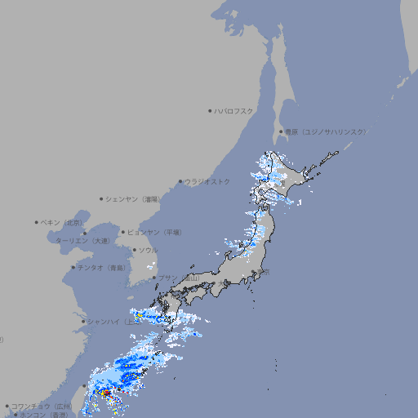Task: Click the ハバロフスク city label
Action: pyautogui.click(x=234, y=110)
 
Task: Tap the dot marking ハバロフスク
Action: pyautogui.click(x=210, y=110)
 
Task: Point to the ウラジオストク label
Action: pyautogui.click(x=207, y=181)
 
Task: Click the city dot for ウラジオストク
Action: pyautogui.click(x=180, y=181)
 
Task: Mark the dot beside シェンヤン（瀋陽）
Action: pyautogui.click(x=101, y=198)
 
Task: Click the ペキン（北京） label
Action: pyautogui.click(x=62, y=222)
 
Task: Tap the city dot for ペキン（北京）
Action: pyautogui.click(x=37, y=222)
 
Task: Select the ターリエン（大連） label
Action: pyautogui.click(x=82, y=241)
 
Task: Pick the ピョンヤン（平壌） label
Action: pyautogui.click(x=156, y=232)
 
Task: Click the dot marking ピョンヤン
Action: pyautogui.click(x=123, y=232)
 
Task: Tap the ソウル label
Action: pyautogui.click(x=148, y=250)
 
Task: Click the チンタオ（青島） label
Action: pyautogui.click(x=101, y=267)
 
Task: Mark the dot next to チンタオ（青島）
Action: pyautogui.click(x=73, y=267)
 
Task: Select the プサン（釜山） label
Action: pyautogui.click(x=179, y=278)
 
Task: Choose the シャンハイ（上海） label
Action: pyautogui.click(x=109, y=322)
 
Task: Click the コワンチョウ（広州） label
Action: pyautogui.click(x=42, y=406)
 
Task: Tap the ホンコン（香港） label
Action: pyautogui.click(x=43, y=415)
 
